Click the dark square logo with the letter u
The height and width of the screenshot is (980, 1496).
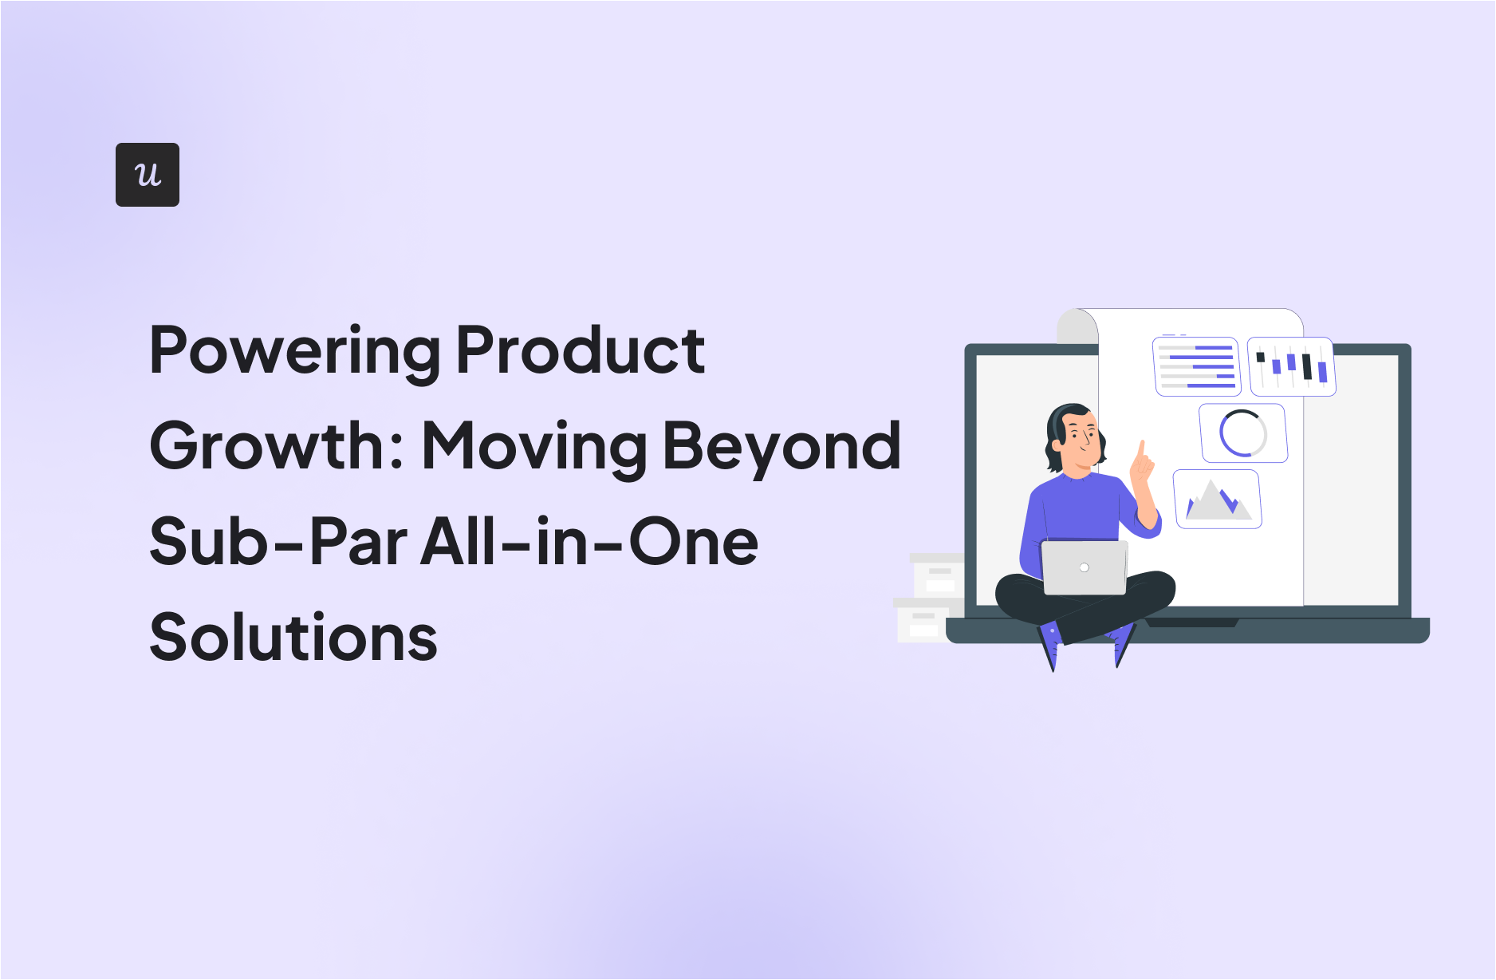[148, 175]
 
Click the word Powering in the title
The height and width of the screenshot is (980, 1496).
[294, 350]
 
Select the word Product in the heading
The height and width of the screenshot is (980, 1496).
[580, 350]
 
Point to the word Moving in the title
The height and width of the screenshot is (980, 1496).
[533, 447]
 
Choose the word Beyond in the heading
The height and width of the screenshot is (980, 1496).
[781, 447]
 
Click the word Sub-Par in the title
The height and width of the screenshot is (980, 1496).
[278, 542]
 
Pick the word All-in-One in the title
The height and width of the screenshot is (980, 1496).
[589, 542]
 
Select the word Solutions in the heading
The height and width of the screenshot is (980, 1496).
[293, 638]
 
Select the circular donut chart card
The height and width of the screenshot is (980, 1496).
[1243, 433]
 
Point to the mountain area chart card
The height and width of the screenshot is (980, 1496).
[1217, 500]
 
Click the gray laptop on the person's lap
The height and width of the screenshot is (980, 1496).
[1085, 567]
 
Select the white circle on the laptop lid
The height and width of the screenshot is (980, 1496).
[1084, 567]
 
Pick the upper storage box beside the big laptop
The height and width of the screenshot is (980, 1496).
[937, 575]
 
